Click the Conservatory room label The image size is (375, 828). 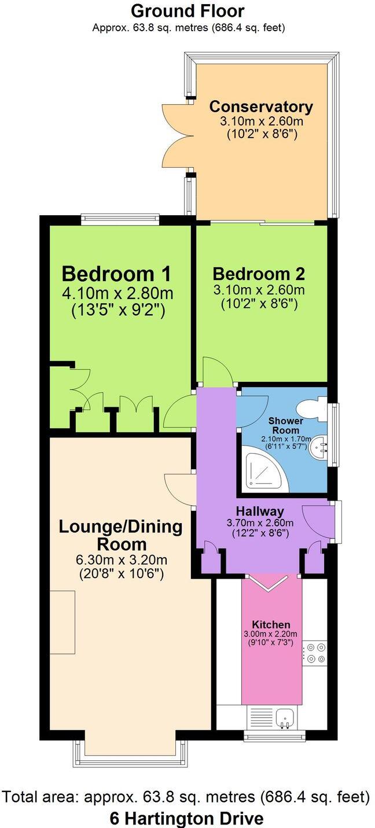click(261, 107)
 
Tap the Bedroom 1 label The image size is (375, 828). click(116, 273)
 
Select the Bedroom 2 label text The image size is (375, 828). click(259, 274)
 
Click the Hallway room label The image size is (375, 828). click(260, 511)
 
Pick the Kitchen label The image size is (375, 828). click(271, 625)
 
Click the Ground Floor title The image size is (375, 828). click(187, 10)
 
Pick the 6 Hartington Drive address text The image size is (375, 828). click(186, 819)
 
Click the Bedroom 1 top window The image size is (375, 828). click(120, 219)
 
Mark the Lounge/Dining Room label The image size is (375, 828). click(120, 535)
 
